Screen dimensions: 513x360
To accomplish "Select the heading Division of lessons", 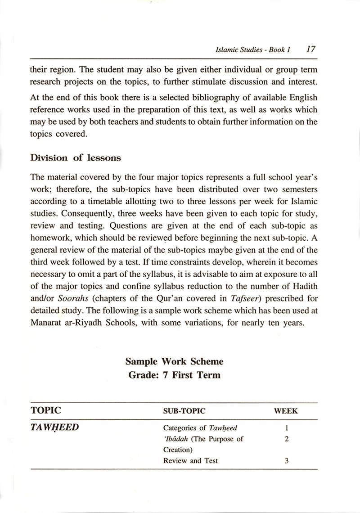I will pos(75,157).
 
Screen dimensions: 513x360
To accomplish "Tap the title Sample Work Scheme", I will pos(174,361).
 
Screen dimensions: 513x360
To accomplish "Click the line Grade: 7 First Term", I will pos(174,374).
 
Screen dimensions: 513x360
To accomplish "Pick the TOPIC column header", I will pos(46,410).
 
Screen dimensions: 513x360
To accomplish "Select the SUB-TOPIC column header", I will pos(184,411).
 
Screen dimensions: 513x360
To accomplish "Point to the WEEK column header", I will pos(286,411).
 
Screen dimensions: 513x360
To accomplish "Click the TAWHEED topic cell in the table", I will pos(54,427).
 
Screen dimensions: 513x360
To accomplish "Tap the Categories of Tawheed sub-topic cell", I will pos(200,428).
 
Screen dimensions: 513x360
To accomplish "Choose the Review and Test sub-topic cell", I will pos(190,460).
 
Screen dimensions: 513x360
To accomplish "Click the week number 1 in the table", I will pos(287,428).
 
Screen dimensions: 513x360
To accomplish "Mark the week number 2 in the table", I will pos(287,439).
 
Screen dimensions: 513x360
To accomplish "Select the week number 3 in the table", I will pos(287,460).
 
